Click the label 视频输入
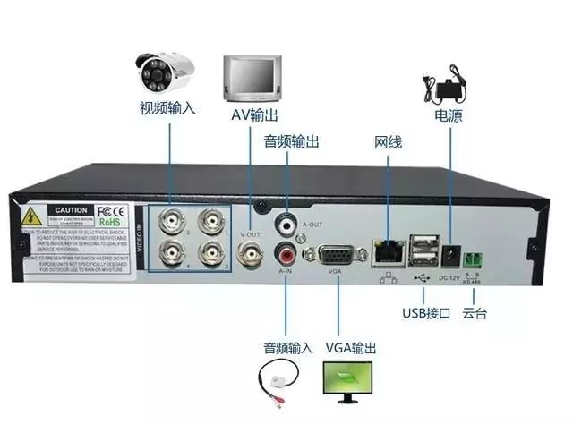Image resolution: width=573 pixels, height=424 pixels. coord(167,108)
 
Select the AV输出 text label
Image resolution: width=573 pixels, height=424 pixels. coord(252,115)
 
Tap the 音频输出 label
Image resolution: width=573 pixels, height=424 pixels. coord(292,141)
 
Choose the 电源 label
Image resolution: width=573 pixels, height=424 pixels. coord(449,116)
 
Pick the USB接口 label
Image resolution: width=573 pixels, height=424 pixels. coord(425,313)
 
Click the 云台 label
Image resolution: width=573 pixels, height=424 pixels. coord(475,313)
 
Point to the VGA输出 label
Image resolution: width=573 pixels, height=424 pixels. coord(351,347)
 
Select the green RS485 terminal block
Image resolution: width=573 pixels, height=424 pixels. coord(475,259)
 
